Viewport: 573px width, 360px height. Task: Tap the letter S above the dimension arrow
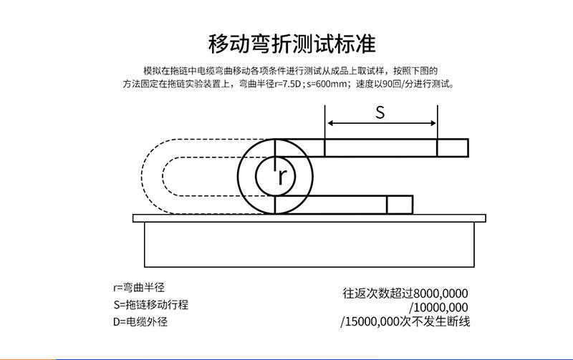380,112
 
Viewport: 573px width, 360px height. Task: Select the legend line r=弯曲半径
139,288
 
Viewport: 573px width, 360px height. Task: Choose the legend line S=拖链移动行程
150,304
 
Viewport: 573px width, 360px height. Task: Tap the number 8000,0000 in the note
440,293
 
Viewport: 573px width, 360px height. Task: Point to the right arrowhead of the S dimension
433,123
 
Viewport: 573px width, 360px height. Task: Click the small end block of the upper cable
453,147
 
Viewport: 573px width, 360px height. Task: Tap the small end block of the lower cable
399,205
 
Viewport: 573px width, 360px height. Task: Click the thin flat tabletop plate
309,218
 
